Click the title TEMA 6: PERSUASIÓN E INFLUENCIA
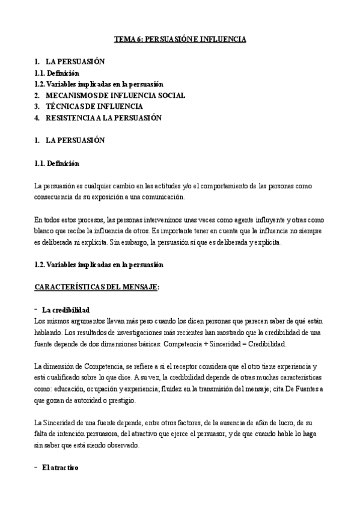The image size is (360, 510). pos(180,39)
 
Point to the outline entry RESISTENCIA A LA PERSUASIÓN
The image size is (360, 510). pos(103,118)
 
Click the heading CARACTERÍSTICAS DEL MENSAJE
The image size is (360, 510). pos(96,287)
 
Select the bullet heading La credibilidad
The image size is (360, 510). pos(66,310)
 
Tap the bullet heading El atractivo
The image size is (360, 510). pos(60,467)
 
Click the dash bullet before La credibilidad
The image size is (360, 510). pos(37,309)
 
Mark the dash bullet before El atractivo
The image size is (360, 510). pos(37,467)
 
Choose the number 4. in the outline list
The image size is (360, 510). pos(37,118)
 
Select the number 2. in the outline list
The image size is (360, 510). pos(37,95)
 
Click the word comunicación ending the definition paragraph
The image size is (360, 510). pos(163,197)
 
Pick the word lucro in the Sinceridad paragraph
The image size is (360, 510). pos(267,423)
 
